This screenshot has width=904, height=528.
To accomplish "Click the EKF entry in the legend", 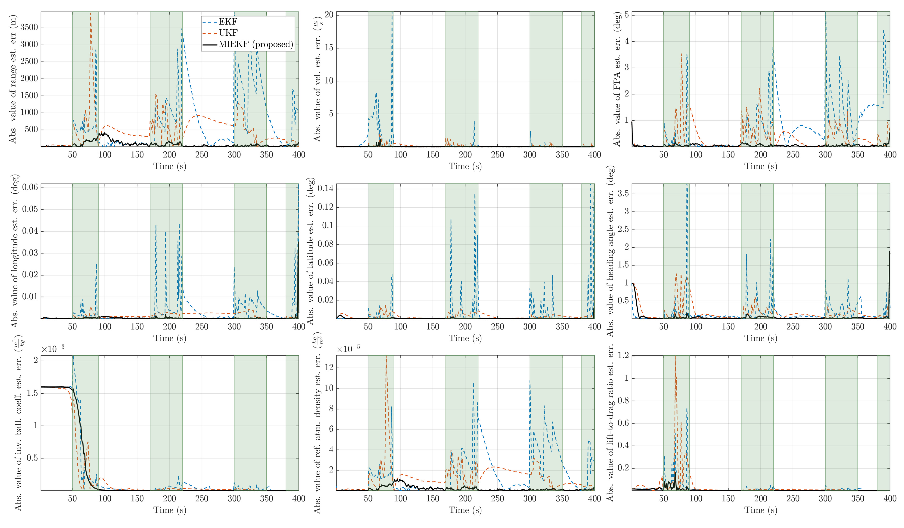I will click(x=228, y=21).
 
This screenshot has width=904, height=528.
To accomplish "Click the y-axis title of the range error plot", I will click(x=13, y=79).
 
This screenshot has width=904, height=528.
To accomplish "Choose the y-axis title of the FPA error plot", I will click(x=617, y=79).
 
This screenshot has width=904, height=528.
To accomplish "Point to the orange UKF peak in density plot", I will click(x=386, y=357).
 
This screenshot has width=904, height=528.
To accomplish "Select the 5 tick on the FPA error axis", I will click(x=626, y=15).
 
